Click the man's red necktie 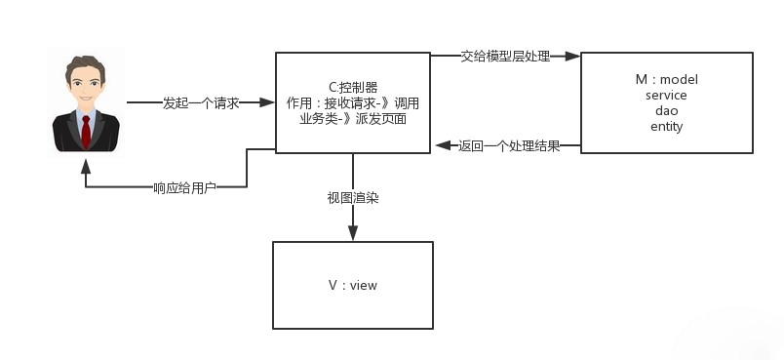point(86,129)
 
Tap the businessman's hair point(86,67)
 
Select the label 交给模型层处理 point(505,57)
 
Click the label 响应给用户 point(185,187)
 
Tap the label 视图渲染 point(353,197)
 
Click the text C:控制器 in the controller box point(353,86)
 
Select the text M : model point(666,79)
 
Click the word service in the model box point(666,95)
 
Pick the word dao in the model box point(666,110)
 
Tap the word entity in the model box point(666,126)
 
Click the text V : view point(353,285)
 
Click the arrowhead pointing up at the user point(86,162)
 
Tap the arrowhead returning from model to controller point(441,146)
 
